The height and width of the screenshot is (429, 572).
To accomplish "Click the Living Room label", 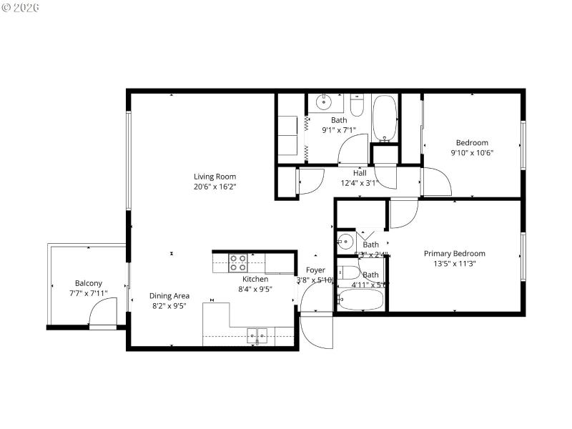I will click(214, 177).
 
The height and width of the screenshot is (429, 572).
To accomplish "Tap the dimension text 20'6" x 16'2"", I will click(214, 186).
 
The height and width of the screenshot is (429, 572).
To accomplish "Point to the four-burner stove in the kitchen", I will click(238, 262).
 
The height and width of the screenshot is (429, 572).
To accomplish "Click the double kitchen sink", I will click(257, 334).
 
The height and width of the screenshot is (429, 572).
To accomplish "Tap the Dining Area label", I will click(169, 295).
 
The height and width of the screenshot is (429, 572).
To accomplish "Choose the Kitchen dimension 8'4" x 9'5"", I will click(255, 290).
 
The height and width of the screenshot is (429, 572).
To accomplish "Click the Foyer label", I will click(315, 270).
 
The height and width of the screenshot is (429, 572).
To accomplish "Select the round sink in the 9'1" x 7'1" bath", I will click(322, 103).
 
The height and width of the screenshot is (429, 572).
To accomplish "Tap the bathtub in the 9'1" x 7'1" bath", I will click(385, 118).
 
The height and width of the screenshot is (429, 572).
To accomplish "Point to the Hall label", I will click(360, 173).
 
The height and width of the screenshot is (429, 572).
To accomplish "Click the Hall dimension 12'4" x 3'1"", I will click(360, 182).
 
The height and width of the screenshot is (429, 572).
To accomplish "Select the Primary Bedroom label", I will click(454, 253).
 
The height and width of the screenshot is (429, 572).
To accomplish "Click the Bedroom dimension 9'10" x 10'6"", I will click(472, 152).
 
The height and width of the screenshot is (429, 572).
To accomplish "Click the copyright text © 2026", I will click(21, 7).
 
